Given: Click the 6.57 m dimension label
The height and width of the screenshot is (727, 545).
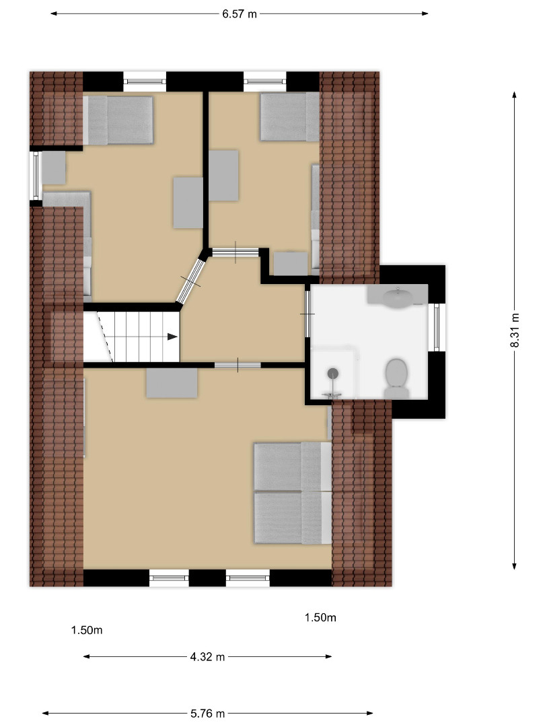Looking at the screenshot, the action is point(239,14).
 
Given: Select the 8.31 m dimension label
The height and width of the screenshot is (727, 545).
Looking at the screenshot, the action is point(515,330).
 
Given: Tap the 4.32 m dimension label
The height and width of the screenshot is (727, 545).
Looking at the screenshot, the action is point(207,656).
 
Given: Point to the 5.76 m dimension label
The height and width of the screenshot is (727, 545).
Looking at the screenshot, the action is point(207,713).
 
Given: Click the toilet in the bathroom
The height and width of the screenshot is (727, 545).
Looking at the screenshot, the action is point(396,378).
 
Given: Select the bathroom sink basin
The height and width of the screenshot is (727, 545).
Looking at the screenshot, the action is point(398,297).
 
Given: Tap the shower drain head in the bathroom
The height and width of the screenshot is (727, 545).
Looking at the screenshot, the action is point(333,373).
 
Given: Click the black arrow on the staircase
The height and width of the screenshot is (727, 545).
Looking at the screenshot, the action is point(172,337).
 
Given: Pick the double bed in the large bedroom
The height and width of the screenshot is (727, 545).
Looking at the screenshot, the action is point(293,493).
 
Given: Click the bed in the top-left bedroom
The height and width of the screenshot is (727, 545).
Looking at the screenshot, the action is point(118,120).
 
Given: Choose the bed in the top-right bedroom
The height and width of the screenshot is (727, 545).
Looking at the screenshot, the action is point(289,116).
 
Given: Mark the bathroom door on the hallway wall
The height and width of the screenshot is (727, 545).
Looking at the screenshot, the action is point(307,314).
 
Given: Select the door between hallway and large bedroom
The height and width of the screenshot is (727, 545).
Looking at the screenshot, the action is point(238,366).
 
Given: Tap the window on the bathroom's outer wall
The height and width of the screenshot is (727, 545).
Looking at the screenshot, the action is point(436,327).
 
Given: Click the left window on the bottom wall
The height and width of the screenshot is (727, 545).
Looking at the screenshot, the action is point(169,578).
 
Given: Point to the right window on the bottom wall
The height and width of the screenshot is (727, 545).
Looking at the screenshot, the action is point(248,578).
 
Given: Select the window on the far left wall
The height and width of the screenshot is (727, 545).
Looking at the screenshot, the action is point(35,176).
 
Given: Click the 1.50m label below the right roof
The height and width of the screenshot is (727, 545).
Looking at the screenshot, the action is point(320,617).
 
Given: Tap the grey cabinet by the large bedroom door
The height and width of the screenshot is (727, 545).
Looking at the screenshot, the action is point(172,383).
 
